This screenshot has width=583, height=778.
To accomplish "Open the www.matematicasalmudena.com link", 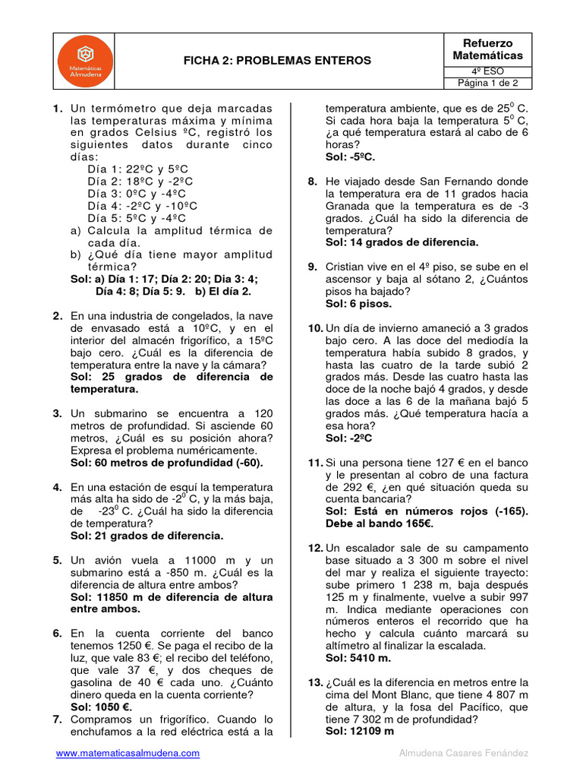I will point(128,753).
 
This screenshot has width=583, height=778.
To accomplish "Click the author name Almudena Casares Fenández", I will point(464,753).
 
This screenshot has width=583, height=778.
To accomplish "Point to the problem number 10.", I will point(315,328).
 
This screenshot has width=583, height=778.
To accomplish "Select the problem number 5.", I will point(58,560).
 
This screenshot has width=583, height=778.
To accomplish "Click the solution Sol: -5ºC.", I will point(350,157).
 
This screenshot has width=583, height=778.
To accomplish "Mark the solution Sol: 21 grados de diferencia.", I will point(147,536).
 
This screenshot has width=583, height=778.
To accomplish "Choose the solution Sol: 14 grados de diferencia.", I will point(402,242).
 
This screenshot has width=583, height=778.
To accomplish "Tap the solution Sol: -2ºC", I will point(349,438).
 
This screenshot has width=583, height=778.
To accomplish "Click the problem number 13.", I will point(315,682).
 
